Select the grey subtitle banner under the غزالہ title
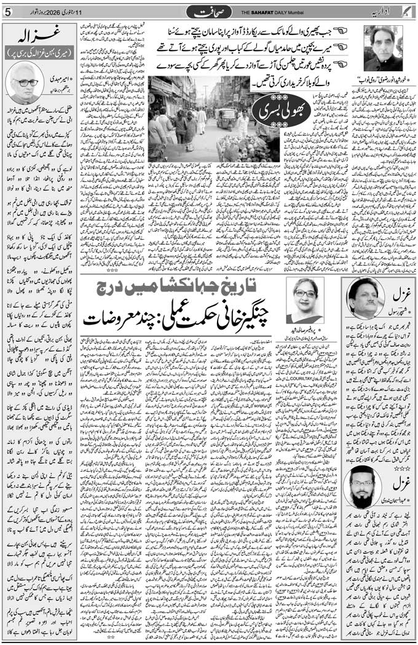[39, 53]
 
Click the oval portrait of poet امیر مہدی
[24, 82]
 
